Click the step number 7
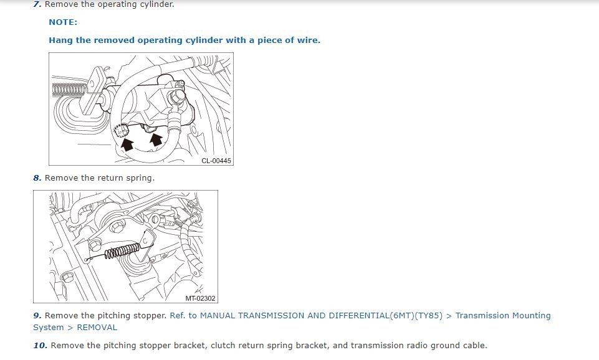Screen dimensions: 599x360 [37, 4]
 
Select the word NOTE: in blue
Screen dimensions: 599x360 [63, 22]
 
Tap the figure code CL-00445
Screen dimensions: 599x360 [216, 161]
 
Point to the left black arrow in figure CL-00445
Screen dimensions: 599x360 [127, 144]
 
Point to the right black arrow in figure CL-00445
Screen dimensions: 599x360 [156, 140]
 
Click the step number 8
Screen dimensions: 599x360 [37, 178]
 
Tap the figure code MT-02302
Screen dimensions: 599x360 [201, 298]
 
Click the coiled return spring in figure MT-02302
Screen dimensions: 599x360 [122, 251]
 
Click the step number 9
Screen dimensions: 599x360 [37, 316]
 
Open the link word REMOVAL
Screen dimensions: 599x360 [97, 328]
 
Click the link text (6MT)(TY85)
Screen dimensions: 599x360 [416, 316]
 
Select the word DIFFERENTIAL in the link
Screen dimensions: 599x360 [358, 316]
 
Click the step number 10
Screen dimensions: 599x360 [40, 346]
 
